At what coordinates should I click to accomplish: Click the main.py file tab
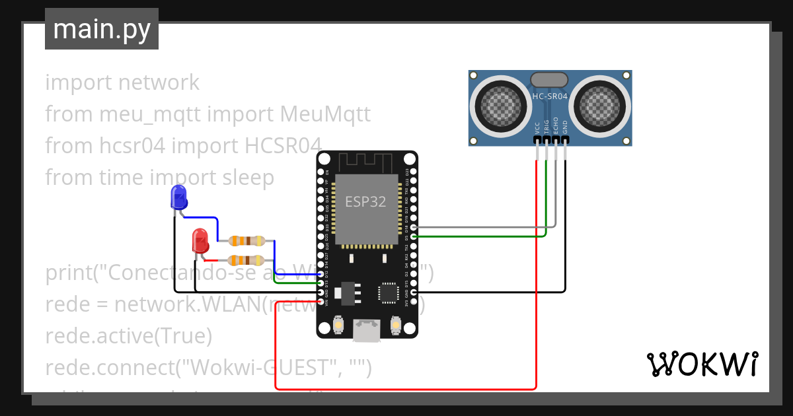[101, 29]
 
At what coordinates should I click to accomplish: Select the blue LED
[178, 197]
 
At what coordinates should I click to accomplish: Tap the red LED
[200, 241]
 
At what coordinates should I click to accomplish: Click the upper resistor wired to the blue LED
[246, 241]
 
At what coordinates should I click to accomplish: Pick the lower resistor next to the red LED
[246, 260]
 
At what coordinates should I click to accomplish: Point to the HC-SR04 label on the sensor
[550, 96]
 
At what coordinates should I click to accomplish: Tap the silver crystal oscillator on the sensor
[549, 79]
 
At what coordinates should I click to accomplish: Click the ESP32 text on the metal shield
[365, 201]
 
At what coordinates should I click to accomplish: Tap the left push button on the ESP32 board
[338, 326]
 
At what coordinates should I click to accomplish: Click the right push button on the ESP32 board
[396, 326]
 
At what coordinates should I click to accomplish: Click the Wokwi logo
[702, 364]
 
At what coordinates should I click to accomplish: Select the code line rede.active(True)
[129, 336]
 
